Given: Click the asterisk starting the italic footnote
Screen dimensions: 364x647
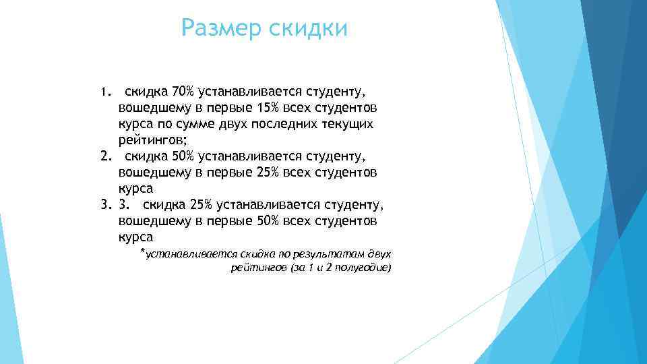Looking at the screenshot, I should click(x=142, y=252).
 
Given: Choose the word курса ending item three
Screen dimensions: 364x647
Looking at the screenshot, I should click(x=135, y=237).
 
